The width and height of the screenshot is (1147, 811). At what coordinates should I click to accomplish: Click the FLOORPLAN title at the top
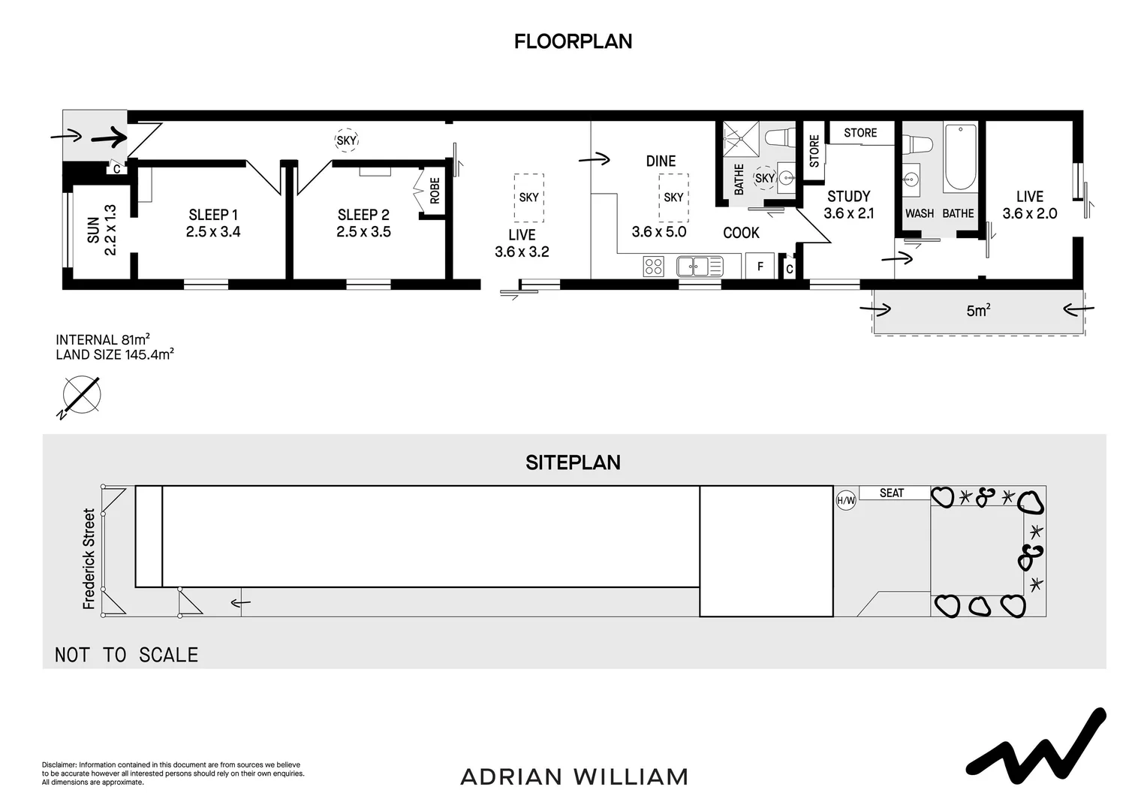(573, 41)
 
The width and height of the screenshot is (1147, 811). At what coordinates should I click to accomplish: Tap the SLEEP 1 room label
(213, 215)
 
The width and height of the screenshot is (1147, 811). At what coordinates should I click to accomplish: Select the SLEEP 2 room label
(363, 215)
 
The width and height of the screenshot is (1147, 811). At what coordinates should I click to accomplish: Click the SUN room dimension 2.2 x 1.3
(110, 230)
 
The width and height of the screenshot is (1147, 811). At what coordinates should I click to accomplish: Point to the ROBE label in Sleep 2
(435, 191)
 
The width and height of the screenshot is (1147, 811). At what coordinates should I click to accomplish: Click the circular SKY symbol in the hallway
(346, 140)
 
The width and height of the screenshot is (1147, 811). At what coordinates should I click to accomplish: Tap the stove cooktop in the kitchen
(653, 266)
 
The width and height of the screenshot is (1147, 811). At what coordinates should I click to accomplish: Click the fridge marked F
(760, 266)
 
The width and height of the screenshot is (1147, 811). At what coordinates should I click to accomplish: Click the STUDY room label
(848, 197)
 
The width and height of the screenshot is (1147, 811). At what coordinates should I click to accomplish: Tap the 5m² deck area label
(978, 311)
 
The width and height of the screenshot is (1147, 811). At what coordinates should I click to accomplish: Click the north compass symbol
(81, 395)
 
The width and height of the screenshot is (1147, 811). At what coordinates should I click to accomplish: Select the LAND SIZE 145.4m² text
(115, 354)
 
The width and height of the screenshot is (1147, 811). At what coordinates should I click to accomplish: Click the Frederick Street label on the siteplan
(89, 559)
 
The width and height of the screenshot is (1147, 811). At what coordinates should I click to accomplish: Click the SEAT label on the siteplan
(892, 493)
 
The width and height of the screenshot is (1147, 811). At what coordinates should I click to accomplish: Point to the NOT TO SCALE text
(127, 655)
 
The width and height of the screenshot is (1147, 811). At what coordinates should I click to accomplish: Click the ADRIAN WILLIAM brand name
(574, 776)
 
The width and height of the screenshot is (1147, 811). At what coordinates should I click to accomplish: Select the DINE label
(661, 161)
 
